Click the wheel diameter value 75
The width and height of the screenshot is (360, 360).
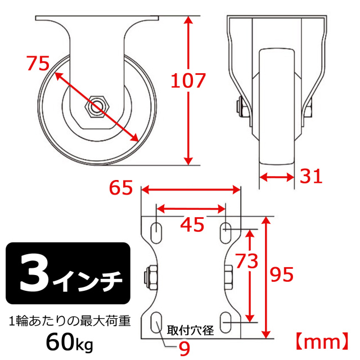38,63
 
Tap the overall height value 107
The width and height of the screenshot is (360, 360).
188,80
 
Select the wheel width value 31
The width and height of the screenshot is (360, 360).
311,176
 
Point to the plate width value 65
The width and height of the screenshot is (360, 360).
121,187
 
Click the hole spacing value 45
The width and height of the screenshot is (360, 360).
192,224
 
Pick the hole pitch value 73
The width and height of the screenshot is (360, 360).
247,261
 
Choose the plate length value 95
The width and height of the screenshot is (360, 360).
282,274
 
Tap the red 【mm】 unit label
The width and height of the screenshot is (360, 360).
322,342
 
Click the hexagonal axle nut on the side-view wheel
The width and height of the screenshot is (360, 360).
97,107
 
